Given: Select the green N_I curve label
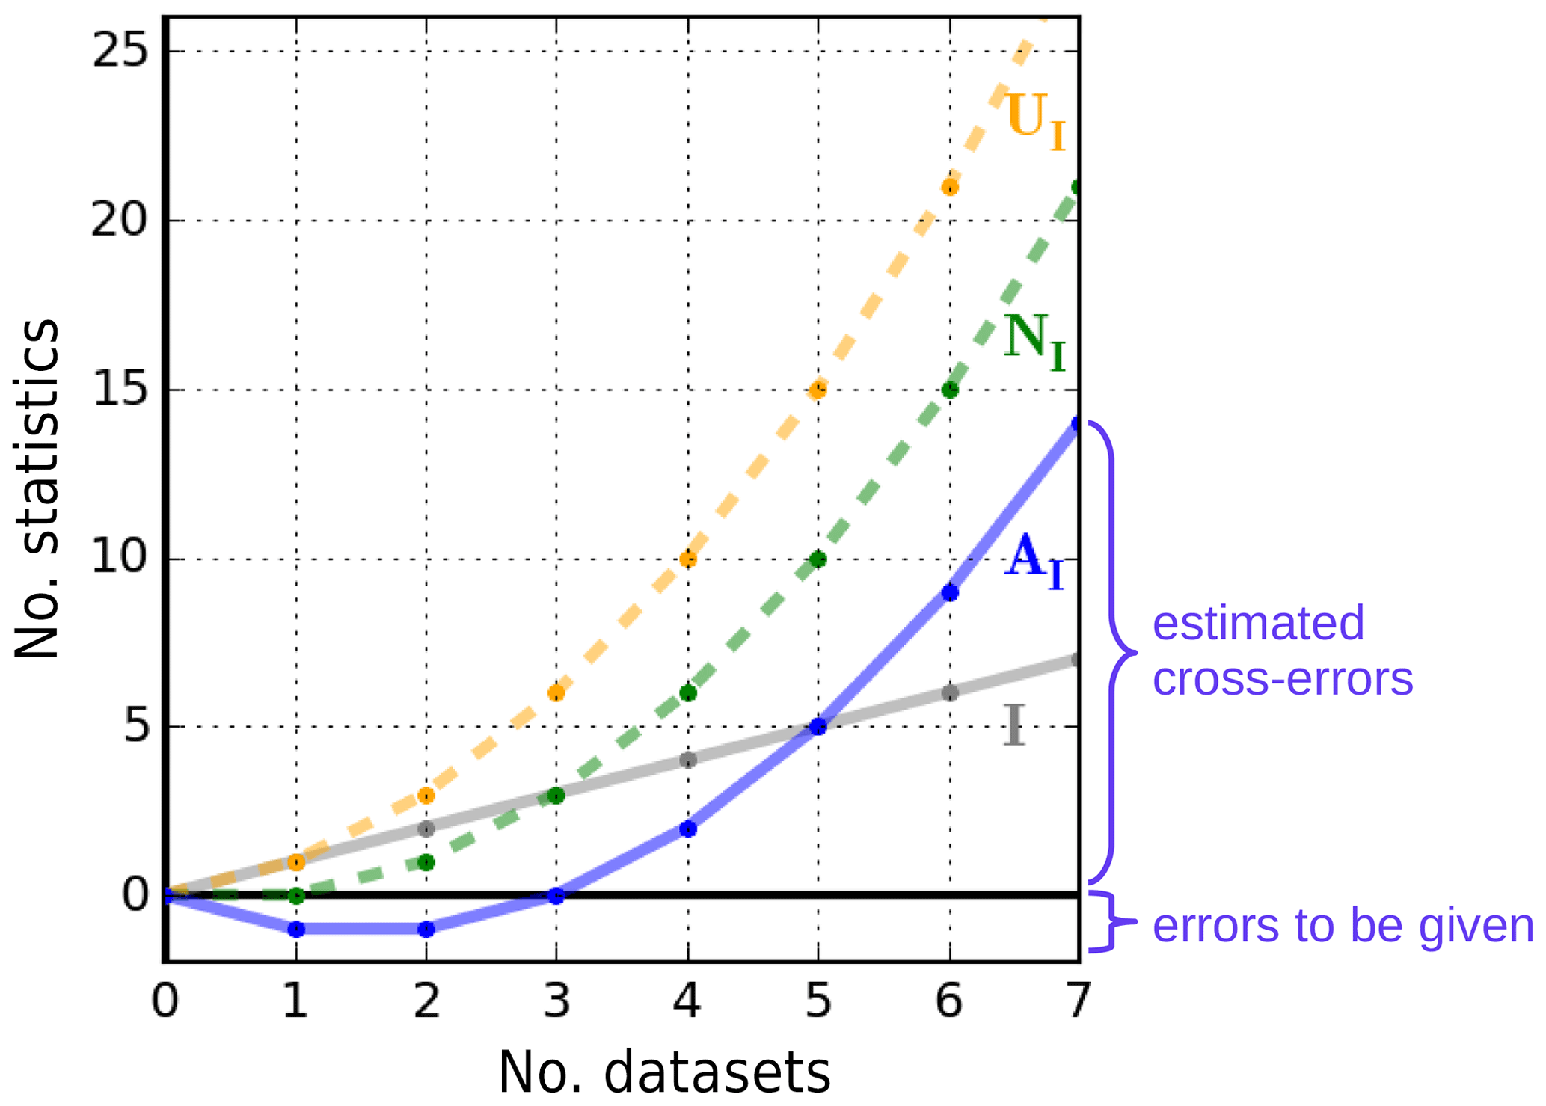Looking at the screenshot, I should (x=1034, y=342).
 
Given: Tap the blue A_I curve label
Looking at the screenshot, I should (x=1034, y=561).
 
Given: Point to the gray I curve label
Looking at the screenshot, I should (x=1013, y=725).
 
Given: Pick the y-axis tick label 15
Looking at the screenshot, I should (x=118, y=390).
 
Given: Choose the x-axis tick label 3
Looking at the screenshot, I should (x=556, y=1001).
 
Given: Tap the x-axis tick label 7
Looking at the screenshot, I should (x=1078, y=1001).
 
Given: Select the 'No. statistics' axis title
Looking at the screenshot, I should (x=37, y=490).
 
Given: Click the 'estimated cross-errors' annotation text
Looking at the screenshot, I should (x=1282, y=651).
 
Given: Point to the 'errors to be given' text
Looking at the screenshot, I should (x=1343, y=925).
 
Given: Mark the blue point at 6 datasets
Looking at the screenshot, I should (x=950, y=592).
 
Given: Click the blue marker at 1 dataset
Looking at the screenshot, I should (x=296, y=930).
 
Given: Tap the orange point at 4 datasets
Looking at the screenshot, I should (x=688, y=559).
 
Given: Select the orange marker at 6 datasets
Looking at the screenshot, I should (x=950, y=187).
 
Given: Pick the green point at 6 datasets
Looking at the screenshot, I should (x=950, y=390).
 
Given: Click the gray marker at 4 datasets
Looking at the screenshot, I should (x=688, y=761).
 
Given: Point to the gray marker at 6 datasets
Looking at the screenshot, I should (x=950, y=693).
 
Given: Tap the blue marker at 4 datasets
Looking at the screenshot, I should (x=688, y=829).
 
